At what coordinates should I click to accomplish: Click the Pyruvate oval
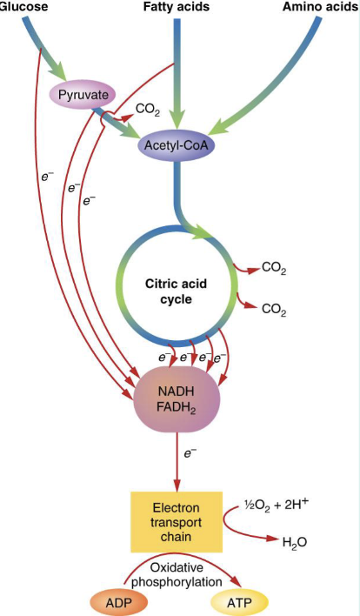tap(82, 95)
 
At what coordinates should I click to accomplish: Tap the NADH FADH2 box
tap(177, 399)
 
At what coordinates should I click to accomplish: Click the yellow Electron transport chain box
tap(177, 522)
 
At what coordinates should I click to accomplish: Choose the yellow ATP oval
tap(239, 602)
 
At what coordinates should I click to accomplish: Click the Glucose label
tap(23, 7)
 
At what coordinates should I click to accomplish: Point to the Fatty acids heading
tap(177, 7)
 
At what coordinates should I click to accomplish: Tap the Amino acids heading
tap(321, 7)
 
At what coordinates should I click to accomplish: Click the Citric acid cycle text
tap(176, 291)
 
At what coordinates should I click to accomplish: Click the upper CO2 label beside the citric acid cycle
tap(274, 270)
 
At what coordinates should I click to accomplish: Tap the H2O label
tap(295, 542)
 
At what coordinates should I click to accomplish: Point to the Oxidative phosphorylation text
tap(177, 574)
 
